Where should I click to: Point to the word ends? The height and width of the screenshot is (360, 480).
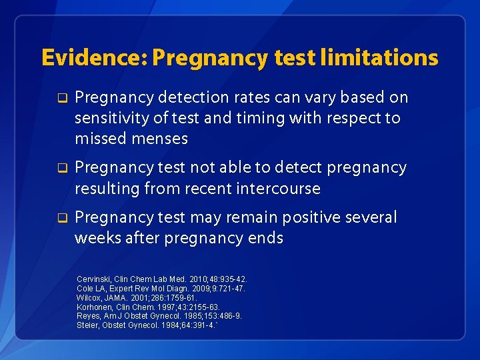point(265,238)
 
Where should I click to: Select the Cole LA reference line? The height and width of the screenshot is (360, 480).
point(161,288)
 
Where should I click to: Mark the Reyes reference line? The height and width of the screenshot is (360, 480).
point(159,315)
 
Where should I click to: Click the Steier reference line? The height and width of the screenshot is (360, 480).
point(147,325)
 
